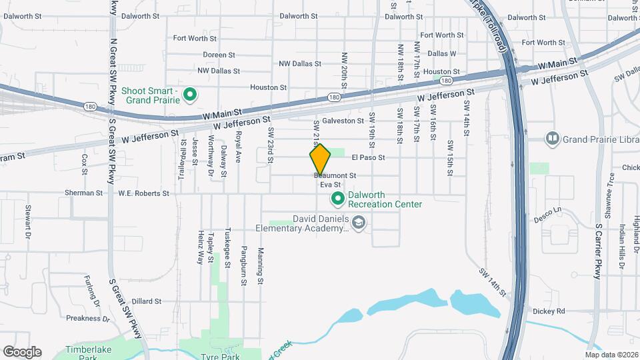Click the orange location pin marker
(321, 159)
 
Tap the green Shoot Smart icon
(189, 95)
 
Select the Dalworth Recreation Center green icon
(338, 199)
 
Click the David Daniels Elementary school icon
(359, 223)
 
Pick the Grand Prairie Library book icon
(552, 139)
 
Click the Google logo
(22, 352)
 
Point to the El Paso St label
(369, 157)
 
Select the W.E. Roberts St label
(143, 193)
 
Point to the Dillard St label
(147, 301)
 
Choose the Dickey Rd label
(549, 311)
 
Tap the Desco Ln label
(547, 215)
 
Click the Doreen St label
(219, 55)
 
